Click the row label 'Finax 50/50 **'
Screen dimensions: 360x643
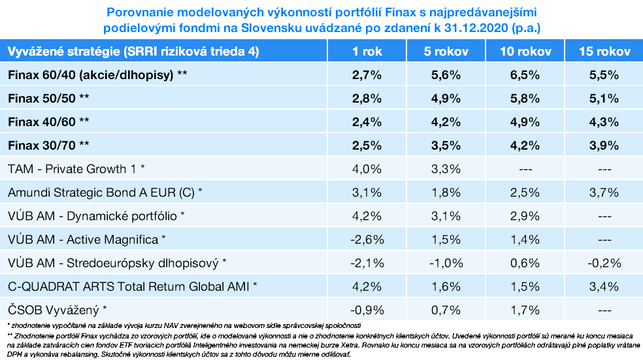coord(49,99)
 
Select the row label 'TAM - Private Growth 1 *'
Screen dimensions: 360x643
coord(76,169)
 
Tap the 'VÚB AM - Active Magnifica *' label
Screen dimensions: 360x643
coord(87,239)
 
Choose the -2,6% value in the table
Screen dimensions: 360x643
coord(367,239)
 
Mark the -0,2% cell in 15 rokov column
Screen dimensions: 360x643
coord(604,263)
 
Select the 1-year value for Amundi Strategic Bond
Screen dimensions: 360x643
coord(367,193)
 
